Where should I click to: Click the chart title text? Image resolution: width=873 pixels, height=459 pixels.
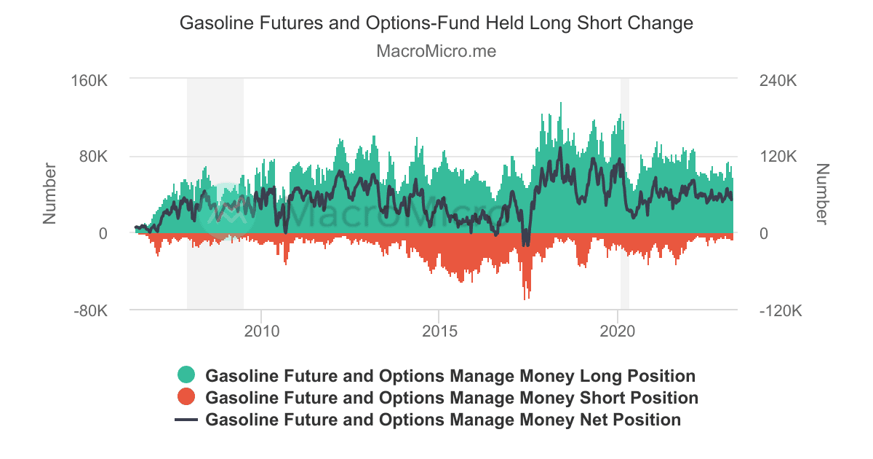[436, 23]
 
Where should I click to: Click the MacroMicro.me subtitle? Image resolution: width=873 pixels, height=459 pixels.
[436, 52]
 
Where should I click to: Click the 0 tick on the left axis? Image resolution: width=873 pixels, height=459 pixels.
[103, 234]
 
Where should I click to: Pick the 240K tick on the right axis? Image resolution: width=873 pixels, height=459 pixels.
[777, 79]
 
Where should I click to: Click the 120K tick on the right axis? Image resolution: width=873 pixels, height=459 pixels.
[777, 157]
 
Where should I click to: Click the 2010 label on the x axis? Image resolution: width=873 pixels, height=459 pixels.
[261, 331]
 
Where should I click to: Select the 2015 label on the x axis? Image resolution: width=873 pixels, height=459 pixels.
[439, 331]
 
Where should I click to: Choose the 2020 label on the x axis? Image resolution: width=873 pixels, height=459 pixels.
[617, 331]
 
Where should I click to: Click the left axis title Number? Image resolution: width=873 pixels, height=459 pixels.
[50, 193]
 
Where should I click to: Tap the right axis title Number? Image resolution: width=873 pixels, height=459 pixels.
[822, 193]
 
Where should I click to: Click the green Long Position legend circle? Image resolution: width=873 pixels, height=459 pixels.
[187, 376]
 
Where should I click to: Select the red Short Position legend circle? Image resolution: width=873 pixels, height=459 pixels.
[187, 398]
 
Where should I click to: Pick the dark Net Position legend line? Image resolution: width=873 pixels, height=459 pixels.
[187, 420]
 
